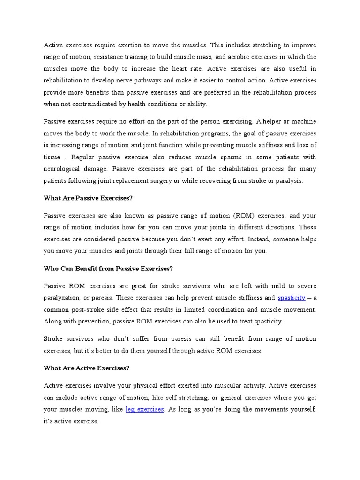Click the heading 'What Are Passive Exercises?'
point(88,198)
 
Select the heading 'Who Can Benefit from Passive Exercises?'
point(108,269)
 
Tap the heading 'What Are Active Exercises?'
point(86,368)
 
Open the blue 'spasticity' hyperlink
point(292,298)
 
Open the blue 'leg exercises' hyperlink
point(145,409)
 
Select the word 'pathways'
point(152,81)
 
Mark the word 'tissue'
point(52,157)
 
